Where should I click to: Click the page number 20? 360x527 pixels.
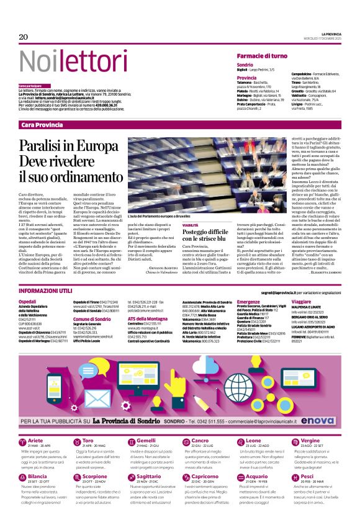point(24,37)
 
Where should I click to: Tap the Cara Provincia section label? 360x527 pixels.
point(42,125)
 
